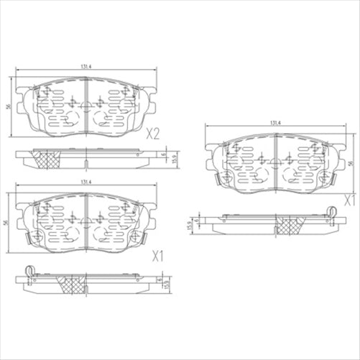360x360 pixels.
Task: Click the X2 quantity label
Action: (x=152, y=133)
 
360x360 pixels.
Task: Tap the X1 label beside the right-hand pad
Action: (x=350, y=199)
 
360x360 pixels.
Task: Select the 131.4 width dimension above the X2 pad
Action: (x=86, y=68)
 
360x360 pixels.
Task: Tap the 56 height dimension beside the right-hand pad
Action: (x=352, y=164)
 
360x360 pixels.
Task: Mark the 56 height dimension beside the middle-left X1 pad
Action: (x=7, y=224)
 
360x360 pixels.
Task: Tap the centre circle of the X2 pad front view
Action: (x=86, y=108)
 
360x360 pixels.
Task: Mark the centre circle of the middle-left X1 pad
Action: (x=86, y=224)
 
